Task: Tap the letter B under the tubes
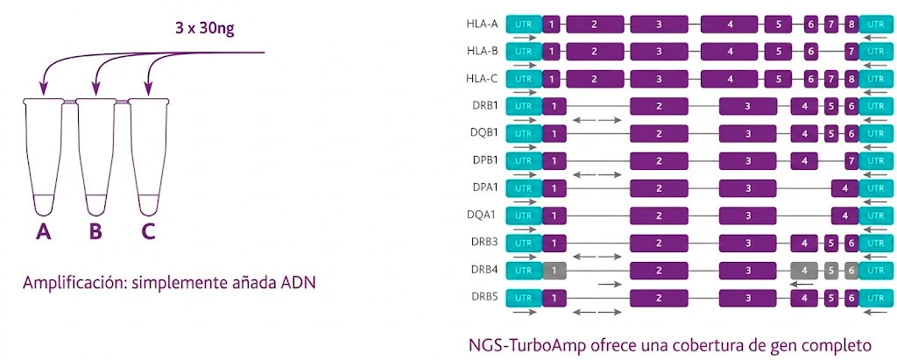95,232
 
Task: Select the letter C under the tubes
149,232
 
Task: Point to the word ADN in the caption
297,285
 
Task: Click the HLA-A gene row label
482,24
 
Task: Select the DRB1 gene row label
484,106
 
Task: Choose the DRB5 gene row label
484,297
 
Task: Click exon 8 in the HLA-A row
851,25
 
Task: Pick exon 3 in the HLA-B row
659,52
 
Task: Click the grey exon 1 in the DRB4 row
554,270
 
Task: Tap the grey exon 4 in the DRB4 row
803,270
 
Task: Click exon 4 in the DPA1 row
844,187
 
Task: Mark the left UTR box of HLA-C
524,79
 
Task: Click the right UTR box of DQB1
875,133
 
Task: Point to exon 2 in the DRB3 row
659,243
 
